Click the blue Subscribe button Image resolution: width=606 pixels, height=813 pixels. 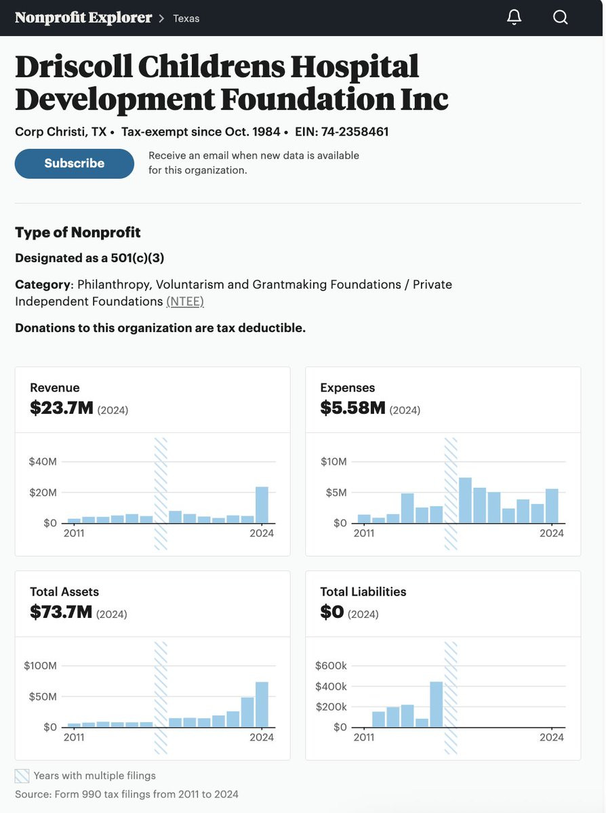coord(74,163)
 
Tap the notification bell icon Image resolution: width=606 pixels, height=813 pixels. coord(514,17)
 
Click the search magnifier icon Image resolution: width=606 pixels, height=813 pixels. coord(560,17)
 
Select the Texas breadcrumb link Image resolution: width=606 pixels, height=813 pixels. coord(186,18)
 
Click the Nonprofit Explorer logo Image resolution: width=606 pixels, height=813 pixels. coord(83,18)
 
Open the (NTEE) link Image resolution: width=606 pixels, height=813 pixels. coord(185,301)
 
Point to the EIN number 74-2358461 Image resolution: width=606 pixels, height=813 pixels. coord(355,131)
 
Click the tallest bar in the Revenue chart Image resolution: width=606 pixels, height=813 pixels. coord(262,505)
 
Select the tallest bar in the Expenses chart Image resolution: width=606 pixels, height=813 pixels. coord(465,500)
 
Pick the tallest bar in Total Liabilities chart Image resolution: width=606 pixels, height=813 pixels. coord(436,704)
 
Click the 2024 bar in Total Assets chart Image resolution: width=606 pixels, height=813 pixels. coord(262,704)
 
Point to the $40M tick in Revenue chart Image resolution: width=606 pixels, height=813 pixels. coord(43,461)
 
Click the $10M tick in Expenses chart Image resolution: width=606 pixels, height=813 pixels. coord(334,461)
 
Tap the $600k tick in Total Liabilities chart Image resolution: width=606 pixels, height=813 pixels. coord(331,666)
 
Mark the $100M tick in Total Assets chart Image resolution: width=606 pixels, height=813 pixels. coord(41,666)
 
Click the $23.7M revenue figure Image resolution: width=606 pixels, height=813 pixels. coord(62,408)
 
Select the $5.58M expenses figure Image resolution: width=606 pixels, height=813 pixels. coord(352,408)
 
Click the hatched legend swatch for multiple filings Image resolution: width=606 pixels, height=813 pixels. coord(22,776)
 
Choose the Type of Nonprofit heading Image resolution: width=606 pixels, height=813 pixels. coord(78,232)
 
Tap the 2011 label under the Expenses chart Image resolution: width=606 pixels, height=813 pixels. coord(364,533)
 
